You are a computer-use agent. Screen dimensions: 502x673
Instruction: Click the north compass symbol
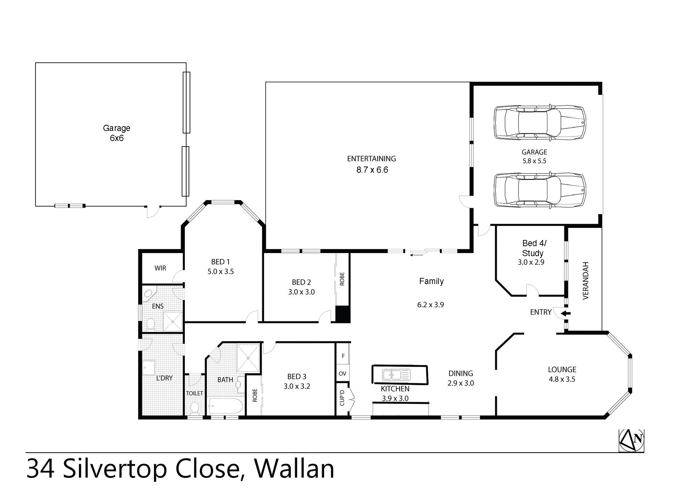631,440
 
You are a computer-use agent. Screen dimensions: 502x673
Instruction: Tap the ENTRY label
541,312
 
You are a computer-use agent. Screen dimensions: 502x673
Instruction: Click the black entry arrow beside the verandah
566,313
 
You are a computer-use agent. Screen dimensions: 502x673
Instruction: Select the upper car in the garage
540,123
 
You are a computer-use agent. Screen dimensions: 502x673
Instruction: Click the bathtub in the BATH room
225,406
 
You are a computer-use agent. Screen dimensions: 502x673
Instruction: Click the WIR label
160,268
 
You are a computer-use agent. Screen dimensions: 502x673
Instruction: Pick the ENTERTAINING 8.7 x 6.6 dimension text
372,170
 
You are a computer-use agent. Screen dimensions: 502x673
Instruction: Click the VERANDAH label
585,281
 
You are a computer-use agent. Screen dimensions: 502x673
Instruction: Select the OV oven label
342,373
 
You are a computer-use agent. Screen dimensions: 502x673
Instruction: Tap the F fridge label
343,356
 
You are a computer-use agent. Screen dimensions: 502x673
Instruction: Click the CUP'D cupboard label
342,398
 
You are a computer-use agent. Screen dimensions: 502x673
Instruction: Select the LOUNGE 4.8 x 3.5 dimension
562,379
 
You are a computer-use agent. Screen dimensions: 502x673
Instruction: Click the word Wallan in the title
294,469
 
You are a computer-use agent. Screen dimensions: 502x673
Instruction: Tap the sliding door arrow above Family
416,255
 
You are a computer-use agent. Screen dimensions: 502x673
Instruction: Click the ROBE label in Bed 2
342,279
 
